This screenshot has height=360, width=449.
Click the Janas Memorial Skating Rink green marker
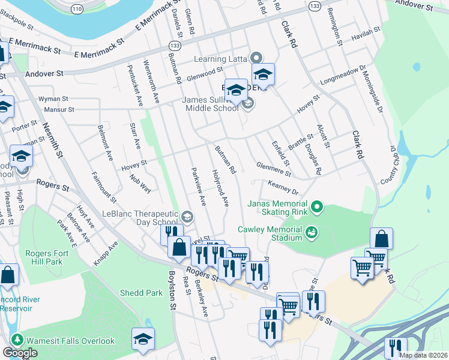pos(317,209)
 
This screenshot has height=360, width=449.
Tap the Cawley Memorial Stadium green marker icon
pos(311,232)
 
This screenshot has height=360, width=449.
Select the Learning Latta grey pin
pos(257,59)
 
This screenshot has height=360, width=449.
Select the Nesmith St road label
pos(52,140)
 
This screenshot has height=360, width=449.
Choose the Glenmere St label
pos(273,169)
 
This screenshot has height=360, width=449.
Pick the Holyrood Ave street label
pos(220,188)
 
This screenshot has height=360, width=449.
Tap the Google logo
pos(19,353)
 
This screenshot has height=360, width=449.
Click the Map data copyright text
pos(423,355)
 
